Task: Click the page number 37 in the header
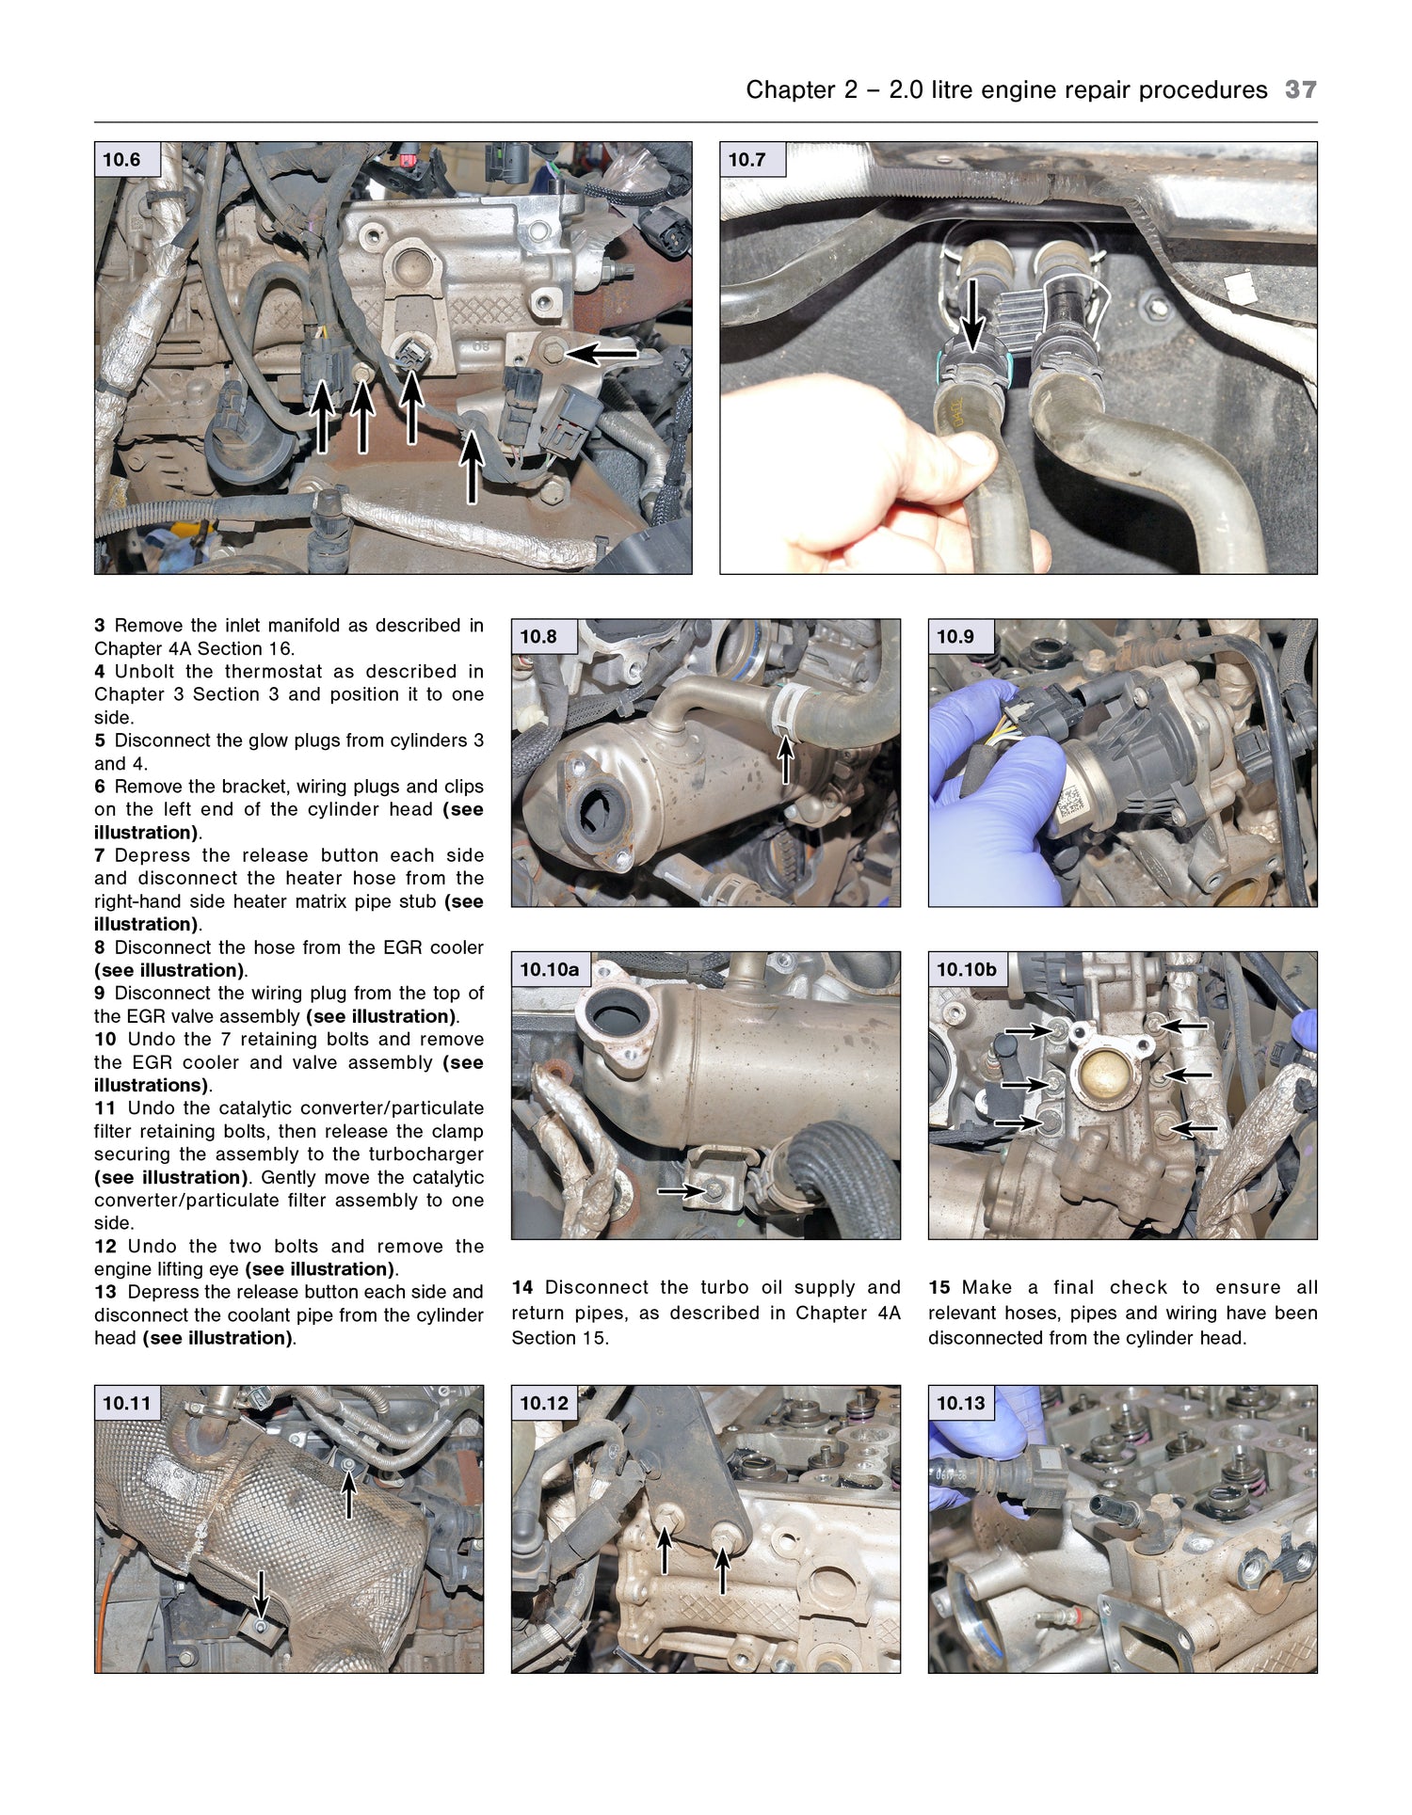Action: [x=1300, y=90]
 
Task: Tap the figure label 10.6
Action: [x=121, y=160]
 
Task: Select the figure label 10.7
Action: [x=746, y=160]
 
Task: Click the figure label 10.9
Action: [x=955, y=637]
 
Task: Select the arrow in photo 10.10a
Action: [x=682, y=1191]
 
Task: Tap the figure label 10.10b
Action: [x=966, y=969]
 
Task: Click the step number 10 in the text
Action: [x=104, y=1040]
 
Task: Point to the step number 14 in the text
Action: [x=522, y=1287]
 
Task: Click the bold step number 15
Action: [x=939, y=1287]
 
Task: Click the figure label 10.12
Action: [x=544, y=1403]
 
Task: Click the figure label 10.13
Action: [x=960, y=1403]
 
